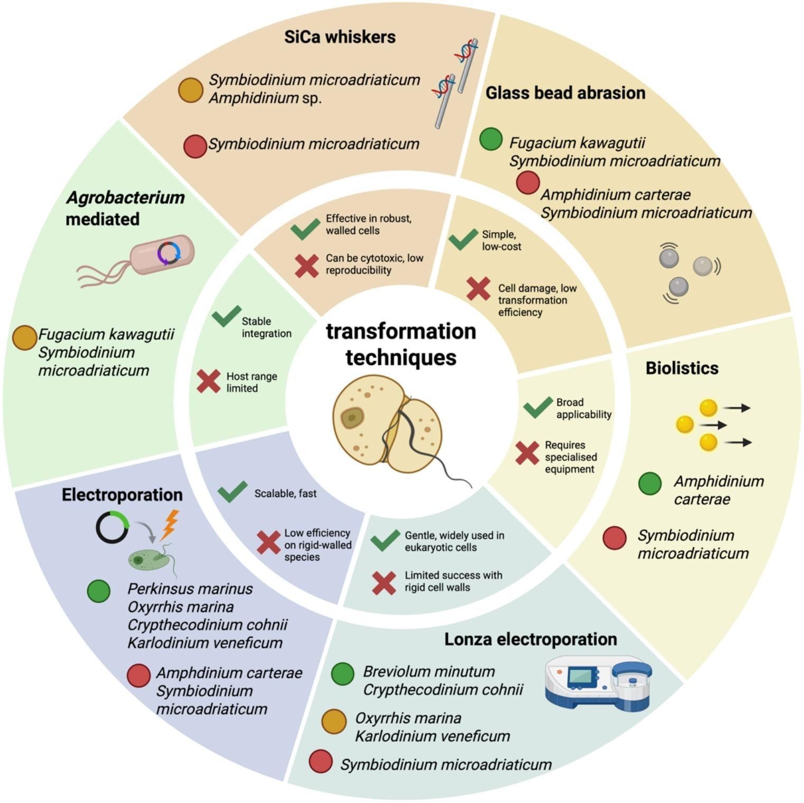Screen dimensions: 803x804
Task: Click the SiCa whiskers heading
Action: click(340, 37)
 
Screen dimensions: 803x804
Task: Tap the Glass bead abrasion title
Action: click(565, 93)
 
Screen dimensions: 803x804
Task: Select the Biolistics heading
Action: click(682, 368)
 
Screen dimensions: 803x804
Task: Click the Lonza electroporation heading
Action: click(530, 639)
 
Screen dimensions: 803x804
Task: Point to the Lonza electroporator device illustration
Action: click(598, 682)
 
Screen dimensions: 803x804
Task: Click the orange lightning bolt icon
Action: click(170, 524)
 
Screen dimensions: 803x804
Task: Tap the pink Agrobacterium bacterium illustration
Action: click(161, 254)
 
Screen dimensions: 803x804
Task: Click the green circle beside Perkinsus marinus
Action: click(99, 591)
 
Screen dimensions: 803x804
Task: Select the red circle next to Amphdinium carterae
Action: click(139, 676)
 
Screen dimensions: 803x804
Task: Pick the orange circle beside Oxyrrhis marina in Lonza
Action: click(334, 721)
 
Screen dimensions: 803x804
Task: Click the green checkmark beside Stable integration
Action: click(226, 316)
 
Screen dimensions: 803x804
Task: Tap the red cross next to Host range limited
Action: click(208, 381)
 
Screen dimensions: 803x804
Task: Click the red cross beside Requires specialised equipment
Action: click(527, 453)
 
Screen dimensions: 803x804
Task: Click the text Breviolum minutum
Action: click(428, 672)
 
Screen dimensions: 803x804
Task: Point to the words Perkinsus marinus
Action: click(190, 589)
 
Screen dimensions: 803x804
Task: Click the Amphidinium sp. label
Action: click(265, 98)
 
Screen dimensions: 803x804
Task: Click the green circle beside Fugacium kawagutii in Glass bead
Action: click(490, 139)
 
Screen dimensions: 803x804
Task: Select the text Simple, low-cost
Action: click(500, 240)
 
